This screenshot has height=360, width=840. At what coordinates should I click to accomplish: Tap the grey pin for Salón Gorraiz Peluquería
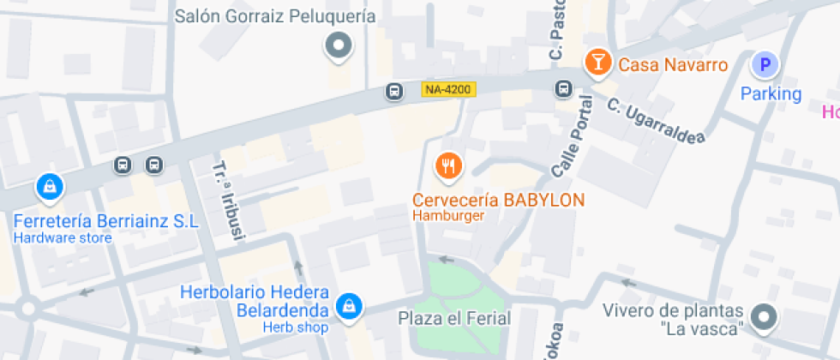point(339,45)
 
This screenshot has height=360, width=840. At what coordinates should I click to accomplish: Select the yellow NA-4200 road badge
point(448,88)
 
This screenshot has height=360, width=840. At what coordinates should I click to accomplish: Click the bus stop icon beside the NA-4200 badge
point(394,90)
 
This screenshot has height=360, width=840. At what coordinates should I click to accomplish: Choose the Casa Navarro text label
point(673,65)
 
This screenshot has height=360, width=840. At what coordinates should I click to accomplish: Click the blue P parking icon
point(765,64)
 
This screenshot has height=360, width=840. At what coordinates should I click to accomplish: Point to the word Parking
point(771,93)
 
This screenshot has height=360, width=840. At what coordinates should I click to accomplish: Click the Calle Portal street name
point(573,135)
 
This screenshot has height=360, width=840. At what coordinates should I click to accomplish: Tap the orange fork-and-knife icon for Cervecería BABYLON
point(447,165)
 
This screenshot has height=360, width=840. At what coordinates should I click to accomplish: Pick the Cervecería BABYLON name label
point(498,200)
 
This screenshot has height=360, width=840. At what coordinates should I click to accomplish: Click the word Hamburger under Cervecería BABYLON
point(448,215)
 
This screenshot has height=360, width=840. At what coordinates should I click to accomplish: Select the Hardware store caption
point(63,237)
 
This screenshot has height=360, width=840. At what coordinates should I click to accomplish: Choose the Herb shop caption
point(296,327)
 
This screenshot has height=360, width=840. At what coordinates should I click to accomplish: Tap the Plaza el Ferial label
point(454,319)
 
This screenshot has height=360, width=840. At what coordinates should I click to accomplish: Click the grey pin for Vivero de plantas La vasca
point(762,317)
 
